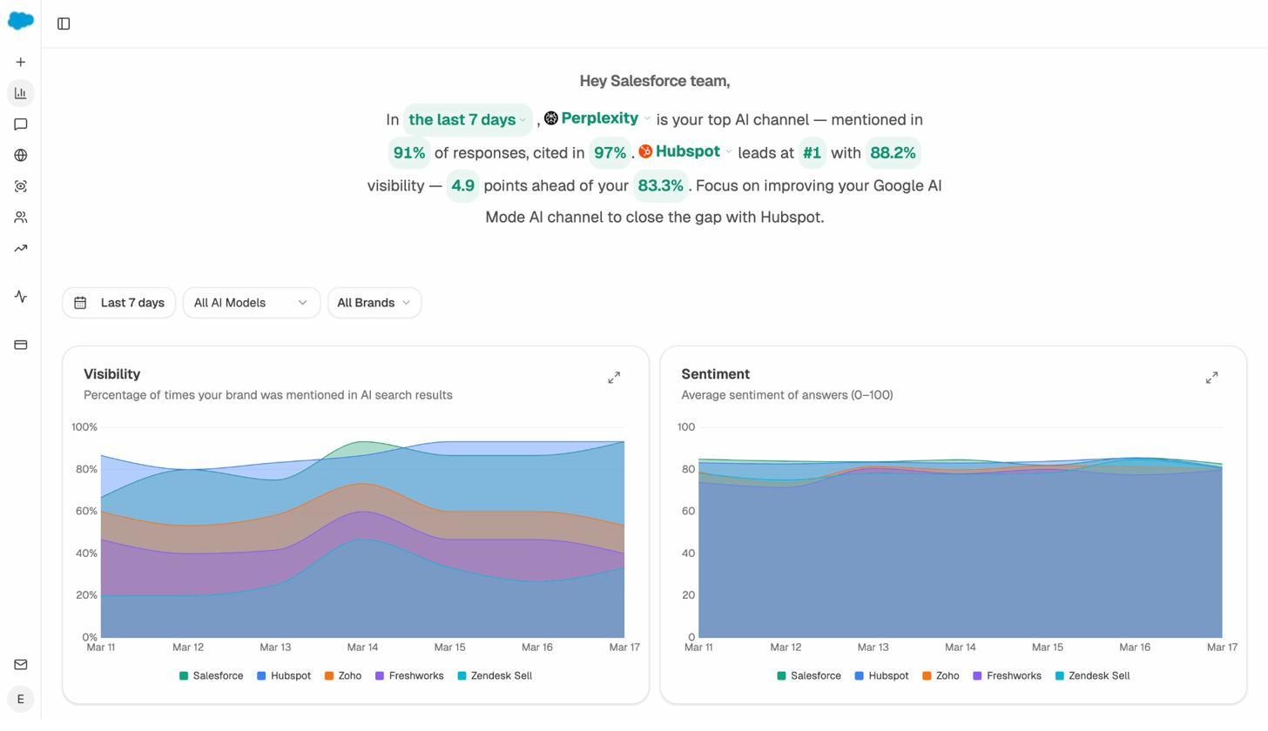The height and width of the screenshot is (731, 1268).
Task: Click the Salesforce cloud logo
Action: point(20,20)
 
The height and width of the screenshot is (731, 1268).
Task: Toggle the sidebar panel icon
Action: point(64,23)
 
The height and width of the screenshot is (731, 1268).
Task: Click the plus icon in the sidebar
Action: point(20,63)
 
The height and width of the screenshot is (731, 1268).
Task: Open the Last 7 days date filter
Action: point(118,303)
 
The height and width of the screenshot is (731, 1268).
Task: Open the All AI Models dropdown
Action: point(251,303)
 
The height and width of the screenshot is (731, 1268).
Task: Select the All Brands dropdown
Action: point(374,303)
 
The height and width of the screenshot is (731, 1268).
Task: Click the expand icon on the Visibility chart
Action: point(614,378)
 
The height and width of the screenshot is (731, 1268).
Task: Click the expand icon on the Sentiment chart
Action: point(1211,378)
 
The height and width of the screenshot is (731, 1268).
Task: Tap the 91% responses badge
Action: point(408,153)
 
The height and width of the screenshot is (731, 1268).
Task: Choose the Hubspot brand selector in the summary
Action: point(686,151)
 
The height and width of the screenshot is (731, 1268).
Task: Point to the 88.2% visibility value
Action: point(892,153)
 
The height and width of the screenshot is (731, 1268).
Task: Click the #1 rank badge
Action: point(811,153)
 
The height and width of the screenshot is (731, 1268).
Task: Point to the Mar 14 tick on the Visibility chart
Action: point(362,647)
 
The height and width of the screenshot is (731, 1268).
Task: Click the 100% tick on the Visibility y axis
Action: point(84,427)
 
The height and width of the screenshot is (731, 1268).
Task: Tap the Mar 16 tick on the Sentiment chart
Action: point(1134,647)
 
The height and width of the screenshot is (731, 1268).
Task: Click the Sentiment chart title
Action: point(715,374)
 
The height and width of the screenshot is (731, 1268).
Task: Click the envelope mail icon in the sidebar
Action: point(20,665)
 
